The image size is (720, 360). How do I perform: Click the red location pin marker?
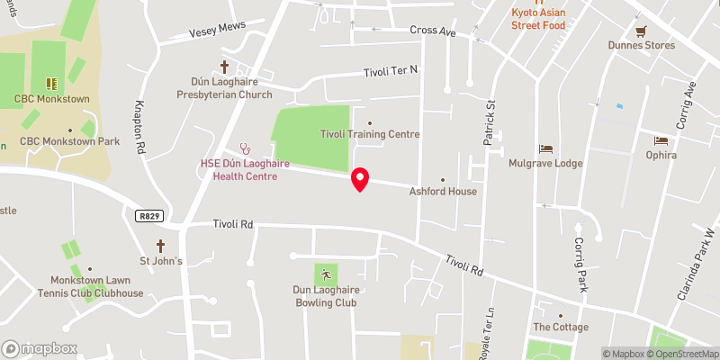tap(360, 179)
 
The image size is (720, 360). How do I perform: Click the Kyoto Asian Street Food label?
tap(549, 18)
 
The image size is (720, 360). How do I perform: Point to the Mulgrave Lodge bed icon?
tap(544, 148)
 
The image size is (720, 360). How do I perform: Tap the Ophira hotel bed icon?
tap(661, 140)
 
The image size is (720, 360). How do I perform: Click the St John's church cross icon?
tap(161, 246)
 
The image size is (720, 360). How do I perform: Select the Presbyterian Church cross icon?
tap(226, 67)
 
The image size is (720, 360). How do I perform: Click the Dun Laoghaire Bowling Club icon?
tap(325, 274)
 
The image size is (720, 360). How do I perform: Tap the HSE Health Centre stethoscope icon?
tap(243, 148)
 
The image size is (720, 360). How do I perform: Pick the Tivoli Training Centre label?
tap(370, 134)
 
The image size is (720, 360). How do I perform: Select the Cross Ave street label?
tap(433, 31)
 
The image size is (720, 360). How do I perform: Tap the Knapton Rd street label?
tap(140, 125)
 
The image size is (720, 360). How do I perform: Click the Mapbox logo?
tap(40, 349)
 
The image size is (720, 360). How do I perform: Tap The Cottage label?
tap(560, 327)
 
